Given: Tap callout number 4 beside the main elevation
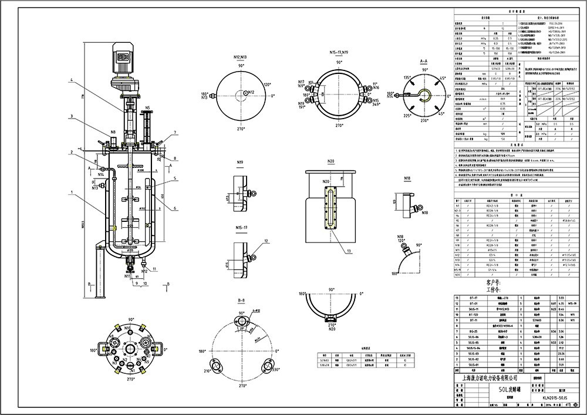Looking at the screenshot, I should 70,80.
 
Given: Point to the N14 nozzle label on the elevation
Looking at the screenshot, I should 102,174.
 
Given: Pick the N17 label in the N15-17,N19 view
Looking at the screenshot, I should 301,82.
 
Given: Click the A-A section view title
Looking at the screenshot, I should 423,61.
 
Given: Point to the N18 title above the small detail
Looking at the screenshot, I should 407,177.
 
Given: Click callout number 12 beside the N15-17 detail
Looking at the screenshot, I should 266,241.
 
